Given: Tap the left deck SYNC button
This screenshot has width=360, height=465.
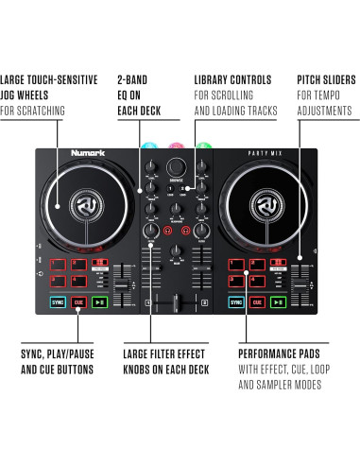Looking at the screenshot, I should tap(58, 303).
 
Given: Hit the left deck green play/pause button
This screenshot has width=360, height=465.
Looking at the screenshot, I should tap(99, 303).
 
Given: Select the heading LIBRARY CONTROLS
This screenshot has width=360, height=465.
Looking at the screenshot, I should tap(233, 80).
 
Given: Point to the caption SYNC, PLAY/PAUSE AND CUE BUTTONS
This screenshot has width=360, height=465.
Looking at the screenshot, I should tap(57, 360).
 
